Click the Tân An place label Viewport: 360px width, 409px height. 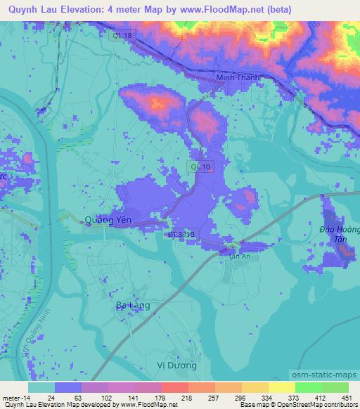point(240,257)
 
